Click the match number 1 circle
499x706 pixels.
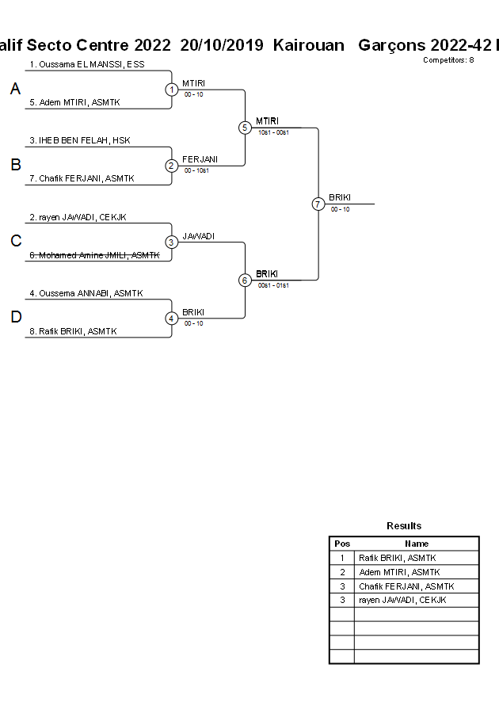click(x=172, y=90)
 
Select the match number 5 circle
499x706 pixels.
click(x=245, y=128)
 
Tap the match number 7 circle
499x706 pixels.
click(x=318, y=204)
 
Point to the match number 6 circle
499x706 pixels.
click(x=245, y=280)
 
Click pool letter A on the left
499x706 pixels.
click(x=15, y=90)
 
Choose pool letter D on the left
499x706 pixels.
click(x=15, y=318)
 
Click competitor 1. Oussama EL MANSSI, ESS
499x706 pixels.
click(x=87, y=64)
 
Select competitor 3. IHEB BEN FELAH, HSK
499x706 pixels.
click(x=80, y=140)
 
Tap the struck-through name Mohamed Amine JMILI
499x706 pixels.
click(x=94, y=255)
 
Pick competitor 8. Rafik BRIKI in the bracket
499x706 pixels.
click(x=78, y=331)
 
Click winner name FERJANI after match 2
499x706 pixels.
click(x=200, y=159)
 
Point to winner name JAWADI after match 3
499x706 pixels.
click(x=198, y=236)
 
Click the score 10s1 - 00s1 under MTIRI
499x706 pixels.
click(x=273, y=132)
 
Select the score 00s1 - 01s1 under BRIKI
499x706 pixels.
click(x=273, y=285)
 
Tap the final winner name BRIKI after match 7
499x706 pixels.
click(x=340, y=197)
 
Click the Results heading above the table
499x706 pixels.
click(x=404, y=526)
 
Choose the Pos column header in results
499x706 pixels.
click(x=342, y=544)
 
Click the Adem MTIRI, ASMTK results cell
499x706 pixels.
click(x=399, y=572)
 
